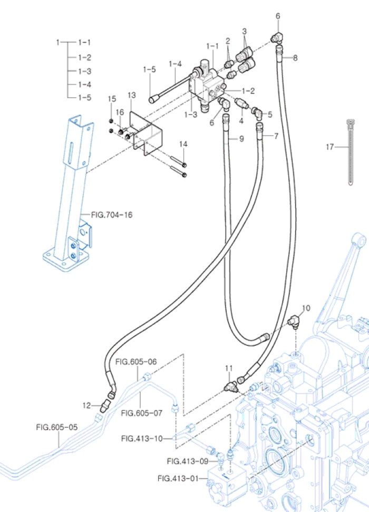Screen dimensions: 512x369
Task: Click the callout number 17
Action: pos(329,147)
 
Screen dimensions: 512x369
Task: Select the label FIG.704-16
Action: pos(112,215)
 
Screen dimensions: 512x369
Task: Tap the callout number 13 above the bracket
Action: pos(131,95)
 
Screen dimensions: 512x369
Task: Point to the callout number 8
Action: pos(295,58)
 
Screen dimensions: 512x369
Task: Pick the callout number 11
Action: pos(228,367)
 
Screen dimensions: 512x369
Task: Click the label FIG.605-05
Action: pos(57,427)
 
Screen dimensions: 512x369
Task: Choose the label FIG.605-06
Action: pos(136,362)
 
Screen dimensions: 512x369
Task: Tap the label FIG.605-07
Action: pos(142,413)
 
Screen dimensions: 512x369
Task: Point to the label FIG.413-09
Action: pos(187,461)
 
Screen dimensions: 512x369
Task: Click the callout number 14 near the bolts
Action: pos(183,144)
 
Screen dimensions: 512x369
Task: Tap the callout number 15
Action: pos(112,99)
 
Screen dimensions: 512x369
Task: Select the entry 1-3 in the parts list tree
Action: pos(85,71)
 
